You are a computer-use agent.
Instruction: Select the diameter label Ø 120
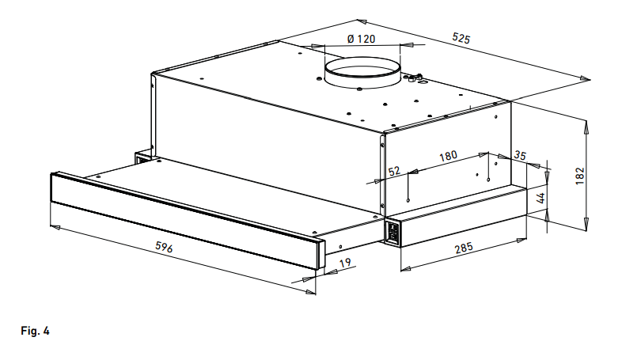(x=361, y=39)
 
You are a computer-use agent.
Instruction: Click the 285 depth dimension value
(x=464, y=248)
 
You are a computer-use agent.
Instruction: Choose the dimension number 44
(x=541, y=199)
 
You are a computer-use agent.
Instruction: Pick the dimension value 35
(x=520, y=156)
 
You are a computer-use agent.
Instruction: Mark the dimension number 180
(x=448, y=157)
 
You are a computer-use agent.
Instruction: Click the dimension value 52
(x=394, y=171)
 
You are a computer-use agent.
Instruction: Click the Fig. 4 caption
(x=34, y=331)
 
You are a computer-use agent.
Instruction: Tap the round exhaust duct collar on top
(x=362, y=74)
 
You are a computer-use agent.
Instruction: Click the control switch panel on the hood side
(x=392, y=233)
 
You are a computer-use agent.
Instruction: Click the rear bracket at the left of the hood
(x=143, y=157)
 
